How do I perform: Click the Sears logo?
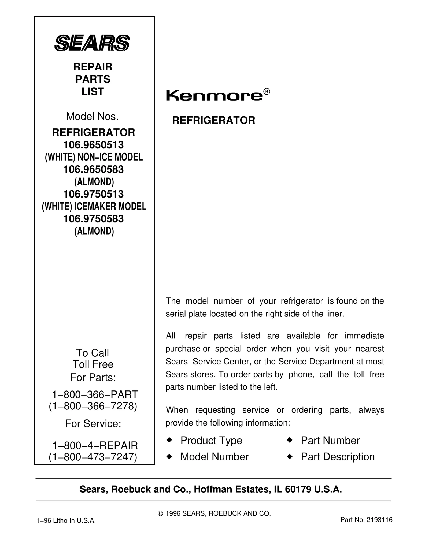tap(92, 43)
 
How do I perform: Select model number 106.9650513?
tap(93, 145)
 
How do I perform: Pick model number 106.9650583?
tap(93, 169)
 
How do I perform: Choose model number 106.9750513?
tap(93, 194)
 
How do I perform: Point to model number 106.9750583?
tap(93, 219)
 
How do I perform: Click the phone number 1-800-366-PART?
tap(95, 394)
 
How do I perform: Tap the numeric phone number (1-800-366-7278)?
tap(93, 406)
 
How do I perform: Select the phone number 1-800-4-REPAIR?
tap(95, 445)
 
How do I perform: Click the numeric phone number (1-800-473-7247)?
tap(93, 457)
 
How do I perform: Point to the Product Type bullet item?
tap(211, 441)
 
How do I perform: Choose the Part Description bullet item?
tap(338, 457)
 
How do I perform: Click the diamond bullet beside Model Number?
tap(169, 456)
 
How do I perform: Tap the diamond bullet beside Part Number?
tap(289, 440)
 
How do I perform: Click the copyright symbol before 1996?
tap(160, 513)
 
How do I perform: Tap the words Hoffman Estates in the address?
tap(232, 490)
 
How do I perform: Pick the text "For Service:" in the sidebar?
tap(93, 424)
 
